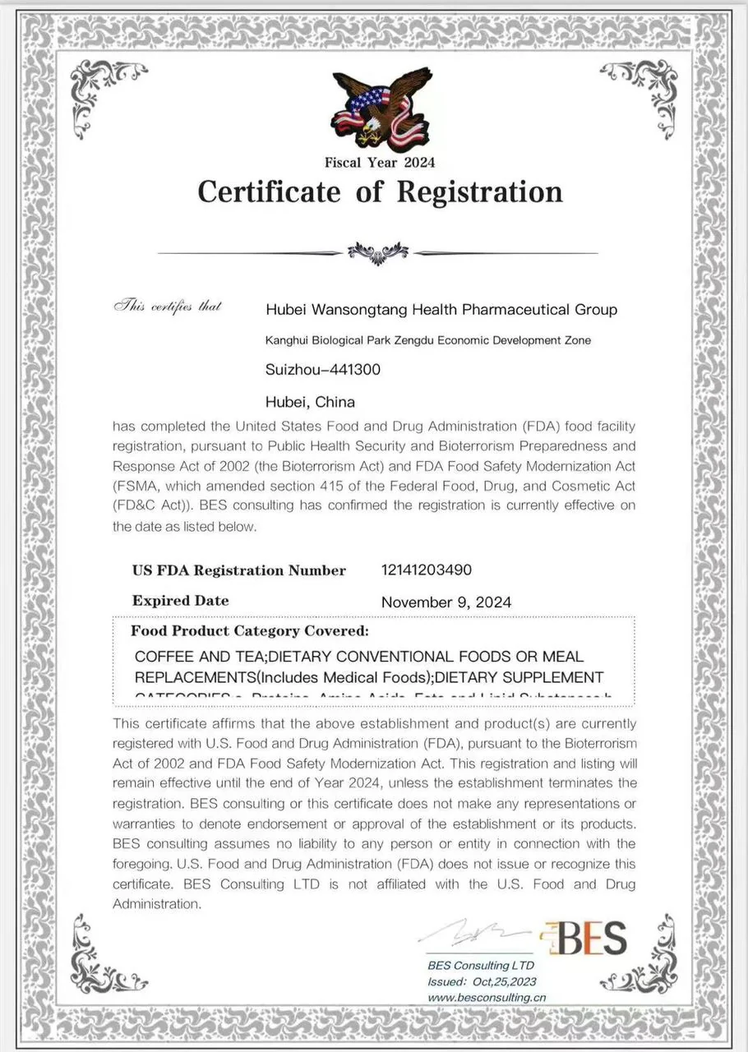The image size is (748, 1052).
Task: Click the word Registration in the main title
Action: click(480, 192)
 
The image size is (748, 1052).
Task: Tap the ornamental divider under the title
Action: click(378, 251)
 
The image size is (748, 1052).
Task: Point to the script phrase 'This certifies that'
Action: click(168, 307)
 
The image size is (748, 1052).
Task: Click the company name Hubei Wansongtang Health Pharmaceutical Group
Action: click(441, 310)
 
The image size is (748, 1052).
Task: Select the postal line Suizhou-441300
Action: click(323, 370)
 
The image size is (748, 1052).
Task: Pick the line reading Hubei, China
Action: click(311, 402)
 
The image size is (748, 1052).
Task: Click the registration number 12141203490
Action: click(427, 570)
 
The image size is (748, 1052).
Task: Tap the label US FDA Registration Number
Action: click(239, 570)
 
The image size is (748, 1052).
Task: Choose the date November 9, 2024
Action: click(446, 602)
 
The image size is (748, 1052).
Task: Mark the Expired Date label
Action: click(181, 601)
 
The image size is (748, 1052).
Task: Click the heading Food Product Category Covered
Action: click(250, 632)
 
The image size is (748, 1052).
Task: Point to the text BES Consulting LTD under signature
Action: click(481, 966)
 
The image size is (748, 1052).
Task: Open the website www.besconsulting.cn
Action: click(487, 997)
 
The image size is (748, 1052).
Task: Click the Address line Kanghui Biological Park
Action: click(427, 340)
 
